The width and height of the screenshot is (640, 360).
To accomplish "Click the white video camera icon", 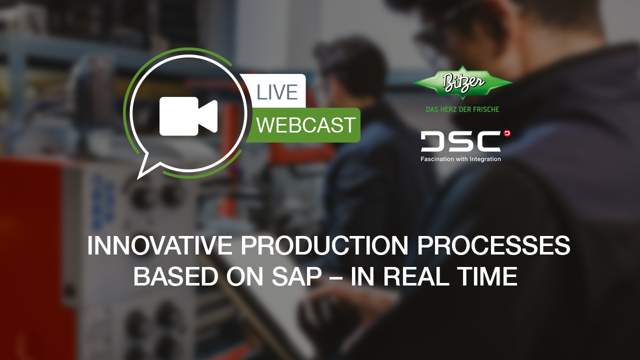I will coord(188,116).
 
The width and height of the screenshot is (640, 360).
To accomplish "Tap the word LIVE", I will coord(277,92).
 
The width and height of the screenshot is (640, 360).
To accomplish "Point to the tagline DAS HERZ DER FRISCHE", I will coord(462,109).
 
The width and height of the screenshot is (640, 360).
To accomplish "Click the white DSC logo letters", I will coord(460,141).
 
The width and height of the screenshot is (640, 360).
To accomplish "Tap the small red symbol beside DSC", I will coord(507,133).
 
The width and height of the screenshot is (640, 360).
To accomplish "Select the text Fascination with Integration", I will coord(460,159).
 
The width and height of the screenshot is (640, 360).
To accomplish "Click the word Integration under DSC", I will coord(483,159).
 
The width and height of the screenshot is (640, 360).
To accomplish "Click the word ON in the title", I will coord(239,277).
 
